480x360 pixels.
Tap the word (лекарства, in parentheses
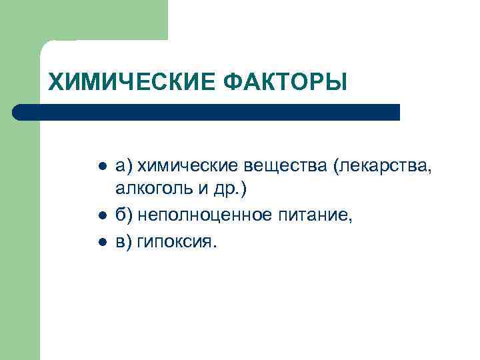pos(385,165)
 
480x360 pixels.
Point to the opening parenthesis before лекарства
pos(341,165)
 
